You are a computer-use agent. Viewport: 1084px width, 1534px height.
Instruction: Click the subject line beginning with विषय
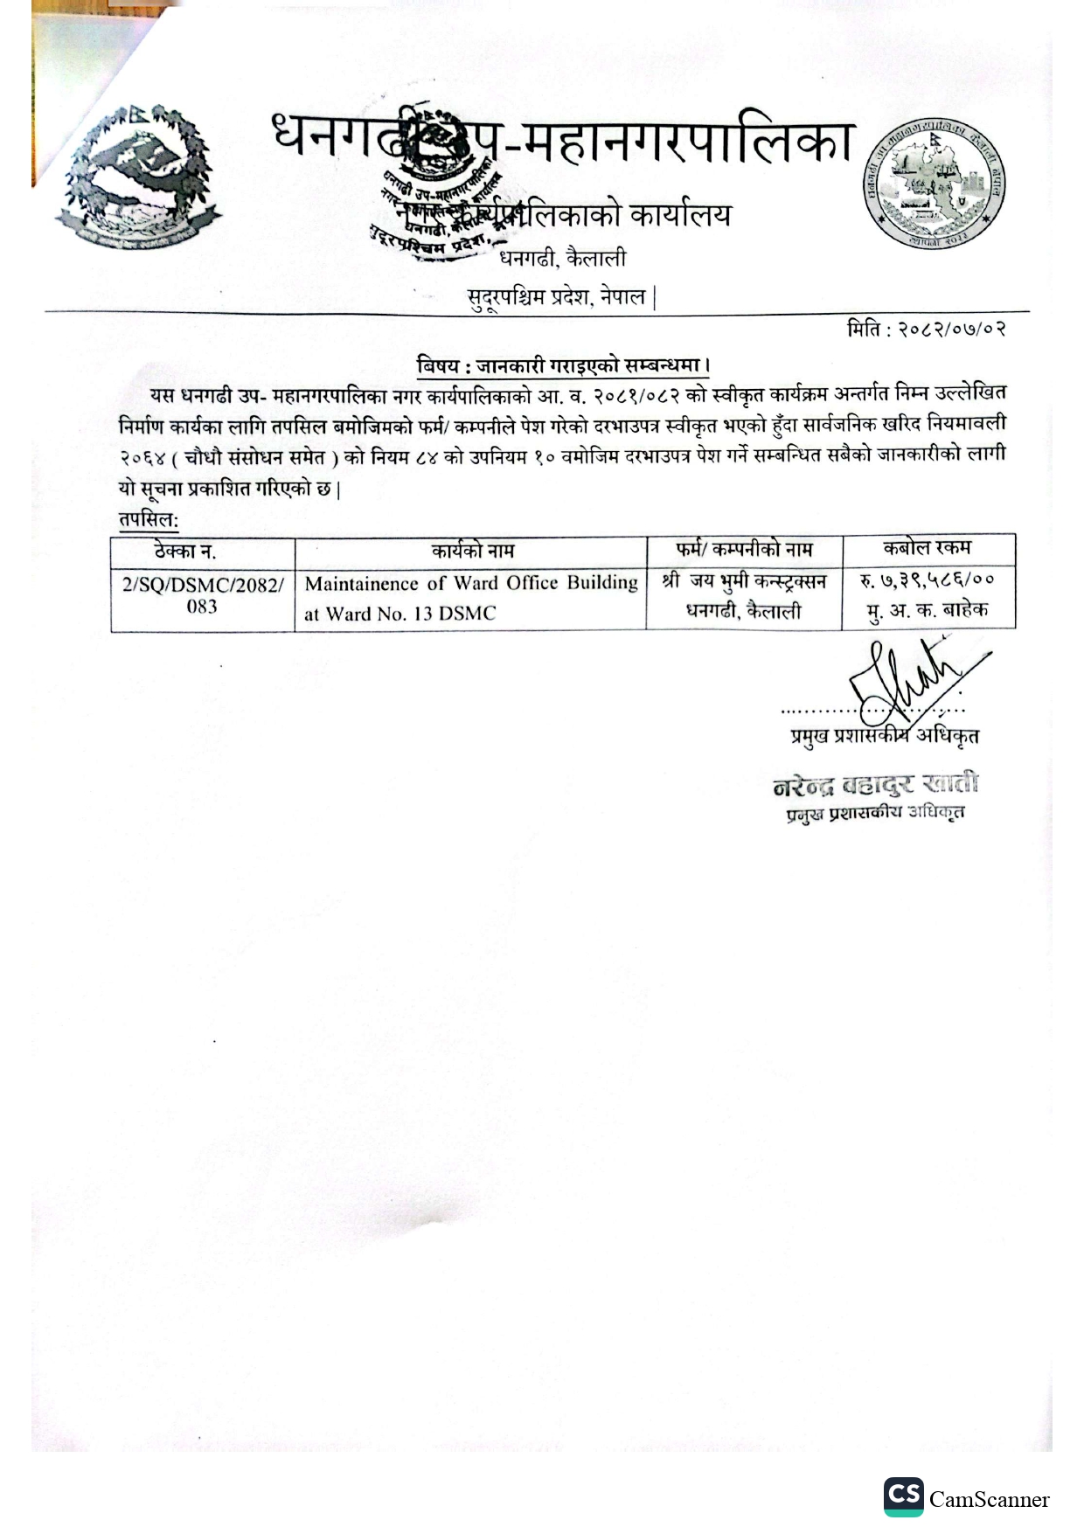point(562,364)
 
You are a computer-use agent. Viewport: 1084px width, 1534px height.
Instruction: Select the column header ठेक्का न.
point(185,552)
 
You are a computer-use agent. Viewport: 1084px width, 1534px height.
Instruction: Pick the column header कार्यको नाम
point(472,551)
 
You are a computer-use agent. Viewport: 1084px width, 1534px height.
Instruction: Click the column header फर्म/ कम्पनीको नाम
point(744,550)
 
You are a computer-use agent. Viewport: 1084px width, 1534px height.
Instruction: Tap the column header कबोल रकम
point(927,548)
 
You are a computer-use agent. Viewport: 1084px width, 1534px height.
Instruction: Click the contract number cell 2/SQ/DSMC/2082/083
point(202,595)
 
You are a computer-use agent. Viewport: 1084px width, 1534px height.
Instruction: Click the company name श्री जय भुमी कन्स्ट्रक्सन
point(744,581)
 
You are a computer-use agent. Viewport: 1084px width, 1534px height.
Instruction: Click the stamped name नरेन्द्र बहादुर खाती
point(875,785)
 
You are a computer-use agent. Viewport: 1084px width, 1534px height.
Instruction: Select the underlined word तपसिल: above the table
point(149,520)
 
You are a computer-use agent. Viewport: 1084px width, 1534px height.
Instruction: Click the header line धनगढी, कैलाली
point(562,259)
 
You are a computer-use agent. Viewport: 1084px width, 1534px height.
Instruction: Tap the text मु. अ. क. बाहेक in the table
point(928,611)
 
